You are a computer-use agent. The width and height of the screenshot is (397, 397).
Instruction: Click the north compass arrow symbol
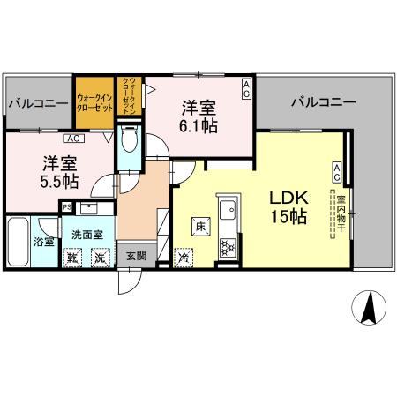(x=369, y=308)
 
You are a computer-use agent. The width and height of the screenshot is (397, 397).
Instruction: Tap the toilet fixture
(x=130, y=138)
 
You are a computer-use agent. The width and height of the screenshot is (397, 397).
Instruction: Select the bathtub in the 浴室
(x=18, y=242)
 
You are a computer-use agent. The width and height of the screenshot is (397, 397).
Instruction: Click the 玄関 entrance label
(x=137, y=256)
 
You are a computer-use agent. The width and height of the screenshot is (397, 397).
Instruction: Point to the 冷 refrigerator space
(x=184, y=258)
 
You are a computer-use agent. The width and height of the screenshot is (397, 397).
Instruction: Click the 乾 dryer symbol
(x=72, y=258)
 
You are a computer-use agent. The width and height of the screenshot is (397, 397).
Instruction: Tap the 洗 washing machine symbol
(x=101, y=258)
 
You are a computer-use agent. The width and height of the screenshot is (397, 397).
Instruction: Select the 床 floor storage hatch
(x=201, y=227)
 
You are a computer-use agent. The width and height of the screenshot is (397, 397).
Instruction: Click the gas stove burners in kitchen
(x=228, y=246)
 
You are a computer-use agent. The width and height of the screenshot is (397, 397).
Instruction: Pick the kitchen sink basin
(x=228, y=210)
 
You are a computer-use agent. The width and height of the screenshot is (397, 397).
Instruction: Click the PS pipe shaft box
(x=67, y=207)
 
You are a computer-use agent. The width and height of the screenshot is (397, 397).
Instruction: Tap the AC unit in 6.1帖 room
(x=246, y=89)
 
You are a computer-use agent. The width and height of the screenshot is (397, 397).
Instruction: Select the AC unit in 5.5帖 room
(x=74, y=139)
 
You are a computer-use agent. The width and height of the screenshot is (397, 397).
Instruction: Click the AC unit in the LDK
(x=337, y=173)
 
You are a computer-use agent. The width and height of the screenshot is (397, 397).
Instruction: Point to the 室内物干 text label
(x=341, y=213)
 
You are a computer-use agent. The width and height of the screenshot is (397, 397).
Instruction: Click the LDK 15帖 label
(x=289, y=207)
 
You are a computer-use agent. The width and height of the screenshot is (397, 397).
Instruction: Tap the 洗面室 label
(x=87, y=235)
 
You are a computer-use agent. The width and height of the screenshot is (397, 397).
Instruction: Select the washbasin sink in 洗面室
(x=88, y=209)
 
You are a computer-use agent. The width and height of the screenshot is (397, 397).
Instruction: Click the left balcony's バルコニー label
(x=38, y=104)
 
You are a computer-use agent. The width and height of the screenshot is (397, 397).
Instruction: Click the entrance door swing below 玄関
(x=130, y=282)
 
